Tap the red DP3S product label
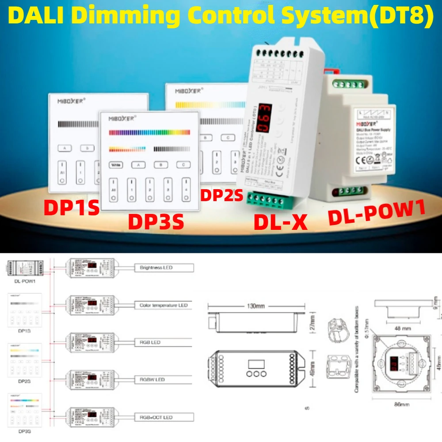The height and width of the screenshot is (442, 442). pos(156,221)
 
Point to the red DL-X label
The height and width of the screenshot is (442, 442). pos(280,222)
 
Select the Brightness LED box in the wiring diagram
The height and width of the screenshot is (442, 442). pos(164,268)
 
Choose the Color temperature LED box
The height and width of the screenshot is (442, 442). pos(164,305)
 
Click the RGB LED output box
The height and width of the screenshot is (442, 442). pos(164,343)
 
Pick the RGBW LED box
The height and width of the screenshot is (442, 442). pos(164,380)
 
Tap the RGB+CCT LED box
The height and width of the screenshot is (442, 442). pos(164,417)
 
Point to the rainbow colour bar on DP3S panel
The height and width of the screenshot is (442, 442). pos(149,132)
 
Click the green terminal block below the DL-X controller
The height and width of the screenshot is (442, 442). pos(265,200)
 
